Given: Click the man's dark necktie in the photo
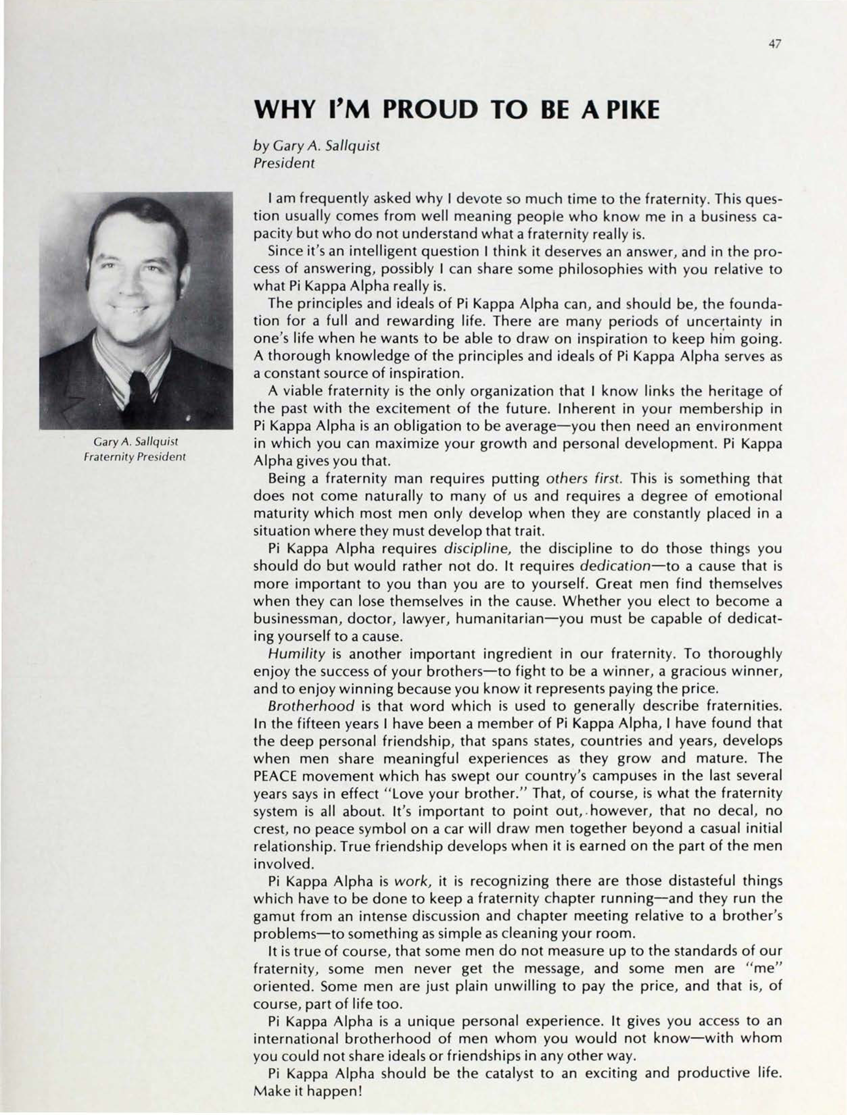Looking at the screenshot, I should pos(141,398).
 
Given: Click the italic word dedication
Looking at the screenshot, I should pos(615,566).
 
